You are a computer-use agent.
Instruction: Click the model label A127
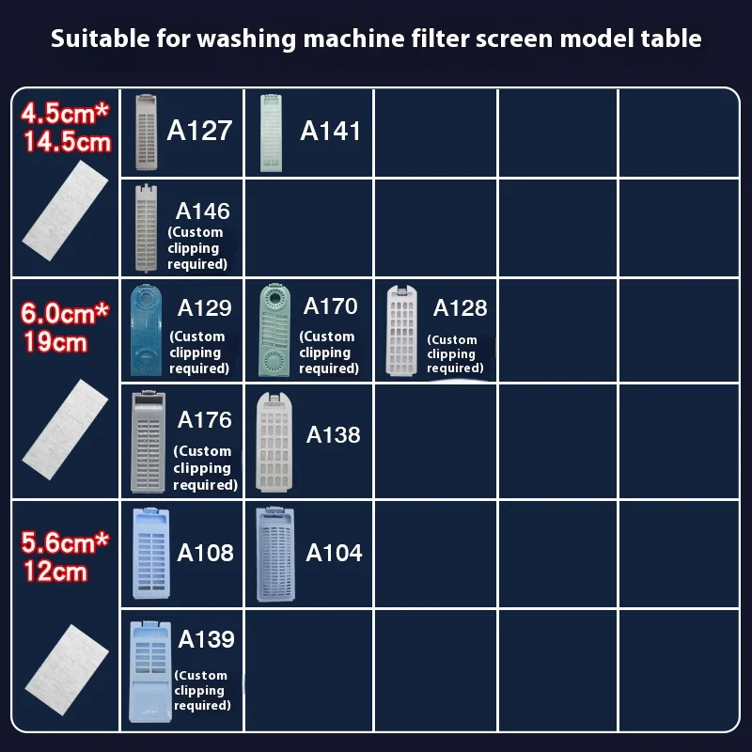click(x=199, y=130)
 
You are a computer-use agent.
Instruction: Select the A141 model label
click(x=330, y=131)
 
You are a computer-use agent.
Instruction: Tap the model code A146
click(x=202, y=211)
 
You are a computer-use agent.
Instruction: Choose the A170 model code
click(x=330, y=305)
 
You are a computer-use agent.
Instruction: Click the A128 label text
click(x=460, y=307)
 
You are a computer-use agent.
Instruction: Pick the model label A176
click(x=204, y=419)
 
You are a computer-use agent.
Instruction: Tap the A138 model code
click(x=333, y=434)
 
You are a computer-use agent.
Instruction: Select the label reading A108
click(x=205, y=552)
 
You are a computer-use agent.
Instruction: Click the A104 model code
click(x=334, y=552)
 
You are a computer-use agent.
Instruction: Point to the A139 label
click(x=206, y=639)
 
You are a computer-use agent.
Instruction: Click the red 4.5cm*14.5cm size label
click(x=67, y=128)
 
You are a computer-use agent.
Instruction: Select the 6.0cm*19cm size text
click(x=67, y=326)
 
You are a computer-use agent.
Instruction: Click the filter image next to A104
click(x=276, y=555)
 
